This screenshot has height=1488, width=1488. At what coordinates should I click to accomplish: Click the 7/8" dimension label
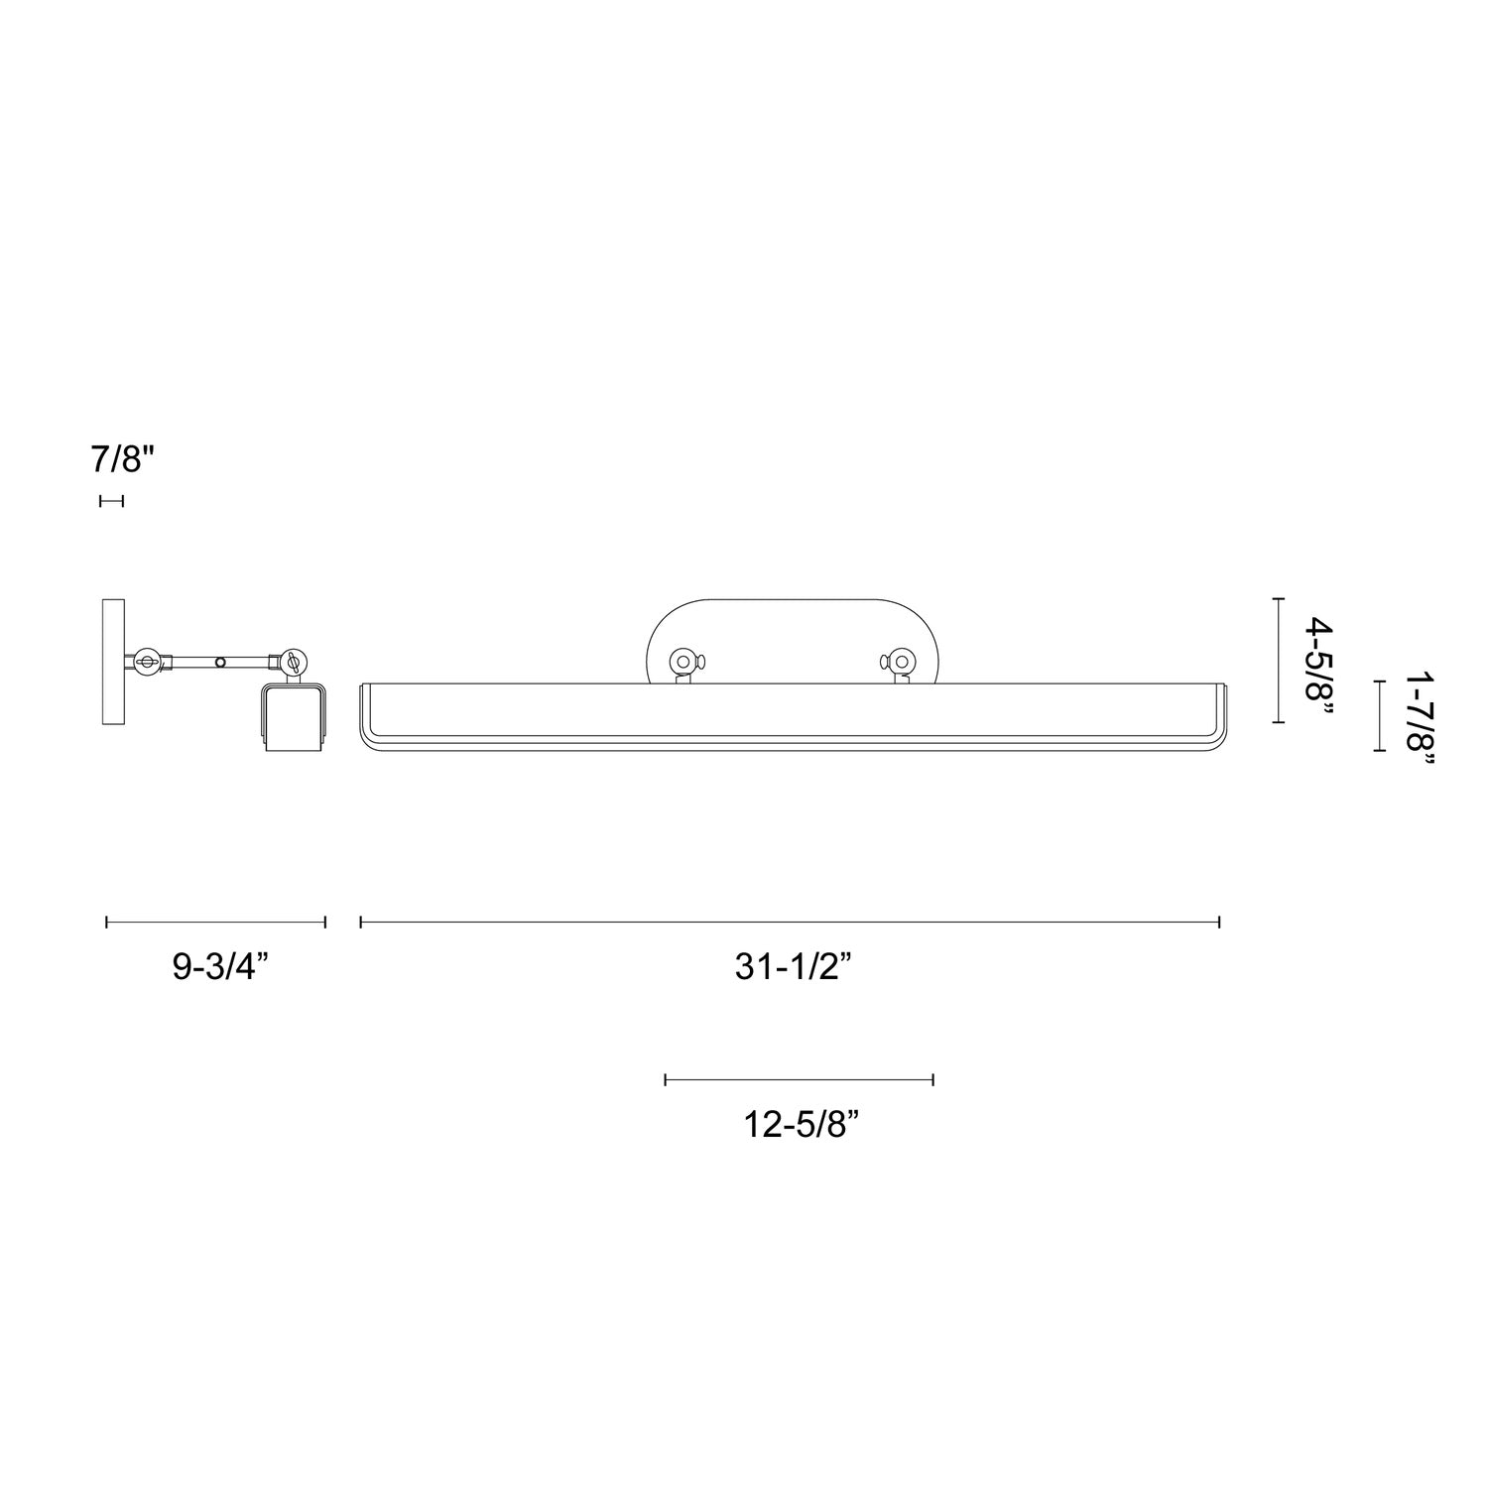(x=124, y=460)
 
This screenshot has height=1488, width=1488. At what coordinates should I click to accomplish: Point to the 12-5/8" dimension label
(x=800, y=1124)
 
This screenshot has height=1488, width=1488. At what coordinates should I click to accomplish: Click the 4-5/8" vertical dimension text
(x=1316, y=660)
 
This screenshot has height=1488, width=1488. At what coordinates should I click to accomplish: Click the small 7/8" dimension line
(x=111, y=501)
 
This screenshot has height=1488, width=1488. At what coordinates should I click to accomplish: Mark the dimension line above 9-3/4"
(x=215, y=923)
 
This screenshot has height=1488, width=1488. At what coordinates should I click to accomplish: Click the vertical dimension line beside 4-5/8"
(x=1279, y=660)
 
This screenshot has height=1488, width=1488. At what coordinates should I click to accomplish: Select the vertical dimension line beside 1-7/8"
(x=1379, y=715)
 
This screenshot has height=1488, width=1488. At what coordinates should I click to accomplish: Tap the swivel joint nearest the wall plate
(x=149, y=661)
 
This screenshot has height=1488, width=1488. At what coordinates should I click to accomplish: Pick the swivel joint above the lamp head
(x=294, y=661)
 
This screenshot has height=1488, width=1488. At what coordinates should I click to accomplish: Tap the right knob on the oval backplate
(x=901, y=661)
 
